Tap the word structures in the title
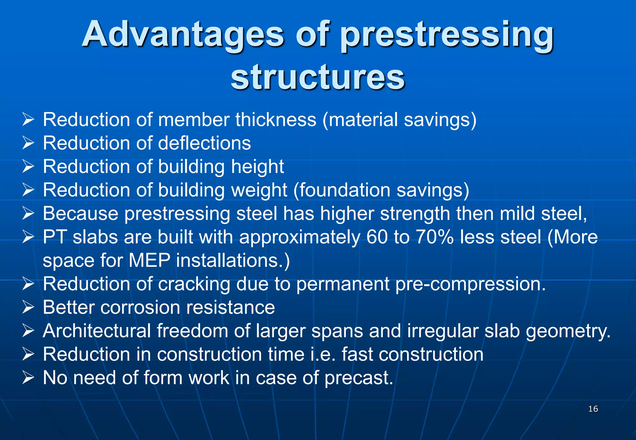click(317, 77)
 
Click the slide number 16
click(593, 409)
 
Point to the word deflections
click(204, 143)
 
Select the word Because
click(80, 213)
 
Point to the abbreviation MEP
click(149, 260)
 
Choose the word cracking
click(194, 284)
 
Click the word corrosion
click(140, 308)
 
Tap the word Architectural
click(97, 331)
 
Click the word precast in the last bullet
click(359, 378)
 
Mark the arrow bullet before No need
click(28, 378)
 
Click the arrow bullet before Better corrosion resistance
click(28, 308)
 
